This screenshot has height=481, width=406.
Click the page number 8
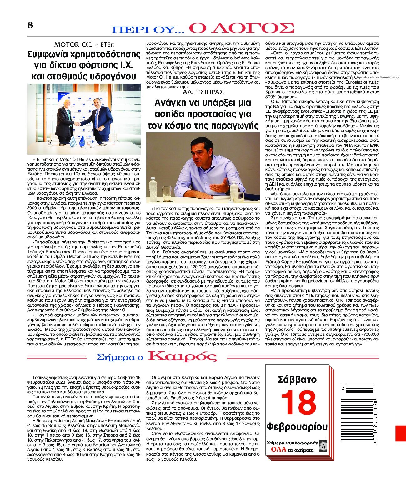[x=30, y=25]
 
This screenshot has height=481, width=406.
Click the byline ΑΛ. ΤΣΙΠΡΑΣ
[x=203, y=92]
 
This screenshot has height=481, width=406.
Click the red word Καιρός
[x=182, y=356]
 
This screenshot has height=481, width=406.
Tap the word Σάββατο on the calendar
[x=297, y=380]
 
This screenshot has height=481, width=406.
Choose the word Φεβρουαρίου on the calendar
[x=297, y=427]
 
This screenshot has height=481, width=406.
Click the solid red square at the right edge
[x=400, y=433]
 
